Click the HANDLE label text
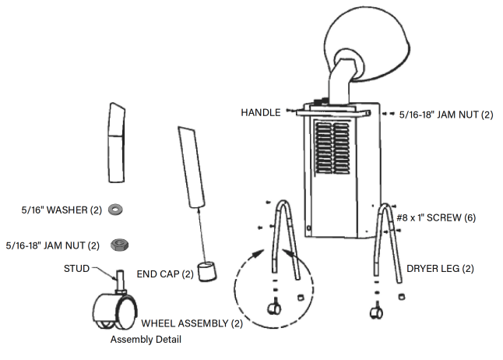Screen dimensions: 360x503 (260, 113)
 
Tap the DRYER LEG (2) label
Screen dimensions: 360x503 (439, 268)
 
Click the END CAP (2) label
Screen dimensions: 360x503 (165, 274)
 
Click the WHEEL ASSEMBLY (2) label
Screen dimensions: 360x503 (185, 323)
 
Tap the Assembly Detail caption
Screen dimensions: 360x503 (149, 340)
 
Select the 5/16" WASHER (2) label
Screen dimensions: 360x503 (57, 210)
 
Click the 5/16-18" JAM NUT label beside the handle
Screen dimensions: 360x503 (446, 115)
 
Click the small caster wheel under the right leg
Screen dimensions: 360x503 (376, 314)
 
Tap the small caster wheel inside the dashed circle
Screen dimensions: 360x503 (274, 309)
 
